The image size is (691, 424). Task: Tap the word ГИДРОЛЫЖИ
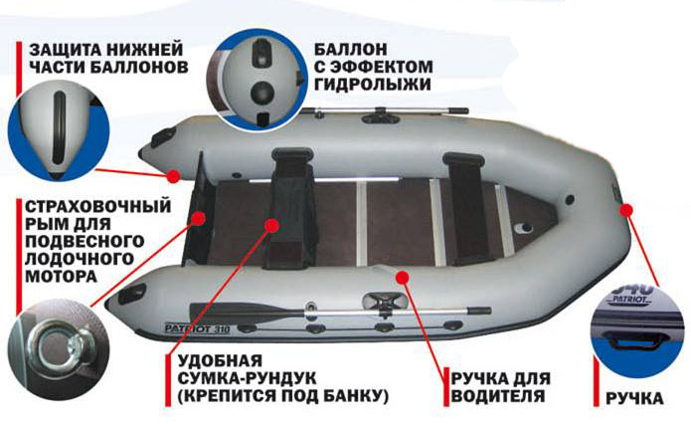[373, 85]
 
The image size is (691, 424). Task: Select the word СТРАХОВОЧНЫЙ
[97, 206]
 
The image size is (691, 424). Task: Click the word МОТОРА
[61, 277]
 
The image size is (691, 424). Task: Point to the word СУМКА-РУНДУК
[247, 378]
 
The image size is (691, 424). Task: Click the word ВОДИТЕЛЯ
[497, 396]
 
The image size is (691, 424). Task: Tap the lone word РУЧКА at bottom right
[634, 398]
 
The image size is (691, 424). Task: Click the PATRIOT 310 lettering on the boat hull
[197, 328]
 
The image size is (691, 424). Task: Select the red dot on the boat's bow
[626, 210]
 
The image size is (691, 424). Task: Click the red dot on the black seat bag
[271, 226]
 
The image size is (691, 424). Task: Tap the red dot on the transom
[199, 218]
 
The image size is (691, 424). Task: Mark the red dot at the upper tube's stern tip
[173, 176]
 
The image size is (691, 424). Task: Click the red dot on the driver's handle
[402, 277]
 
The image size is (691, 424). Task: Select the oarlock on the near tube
[385, 303]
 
